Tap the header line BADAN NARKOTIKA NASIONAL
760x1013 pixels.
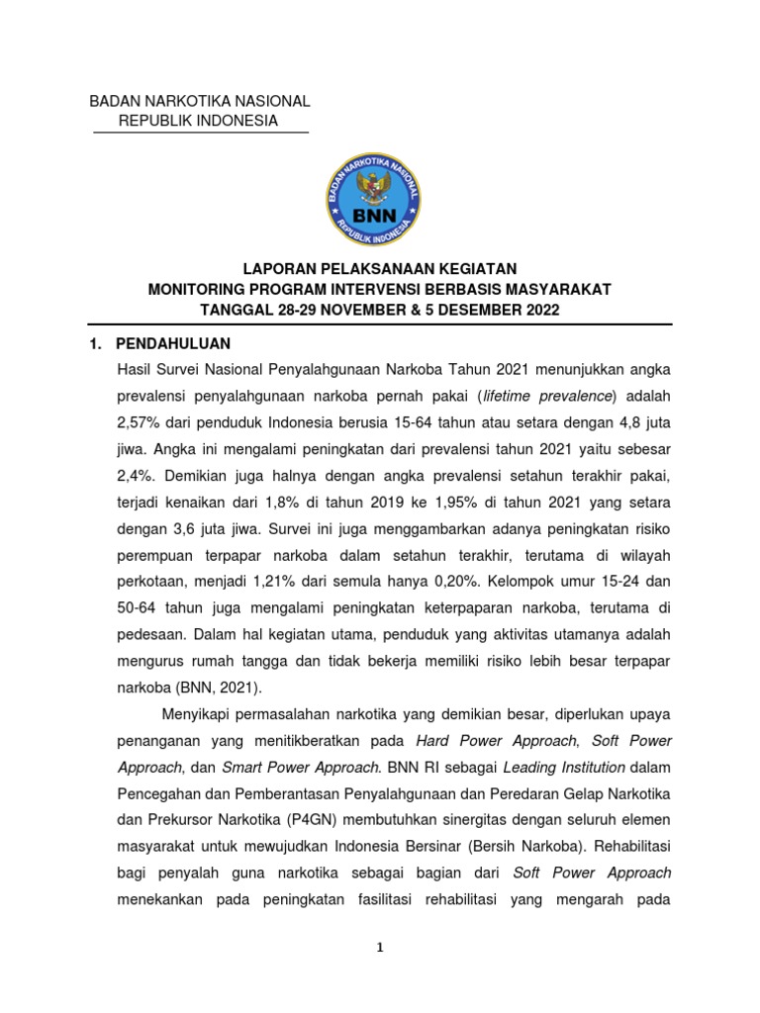200,101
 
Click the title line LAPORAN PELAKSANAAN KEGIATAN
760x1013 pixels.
380,269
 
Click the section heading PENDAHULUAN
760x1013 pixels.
173,343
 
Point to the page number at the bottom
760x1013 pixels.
380,947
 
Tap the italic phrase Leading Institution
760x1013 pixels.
564,767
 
